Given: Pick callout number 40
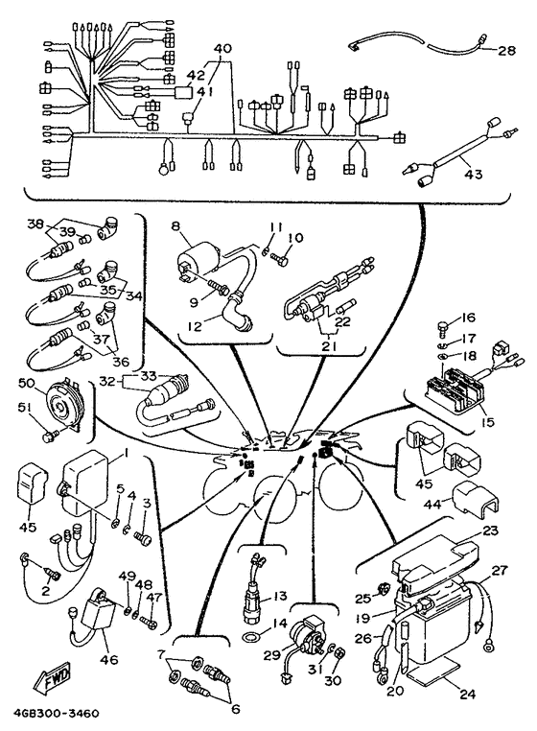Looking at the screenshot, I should (222, 48).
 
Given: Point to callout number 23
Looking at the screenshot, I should (490, 530).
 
